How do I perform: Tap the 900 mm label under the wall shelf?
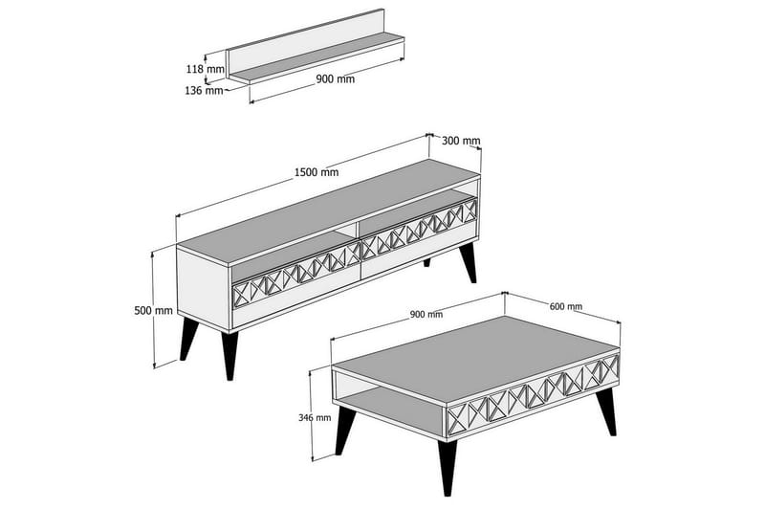click(x=335, y=79)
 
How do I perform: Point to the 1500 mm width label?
click(x=316, y=173)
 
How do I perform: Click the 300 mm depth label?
click(x=461, y=141)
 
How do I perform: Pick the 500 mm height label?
click(x=153, y=309)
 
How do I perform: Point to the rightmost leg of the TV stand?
click(x=468, y=263)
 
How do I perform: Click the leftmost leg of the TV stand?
click(x=188, y=343)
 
